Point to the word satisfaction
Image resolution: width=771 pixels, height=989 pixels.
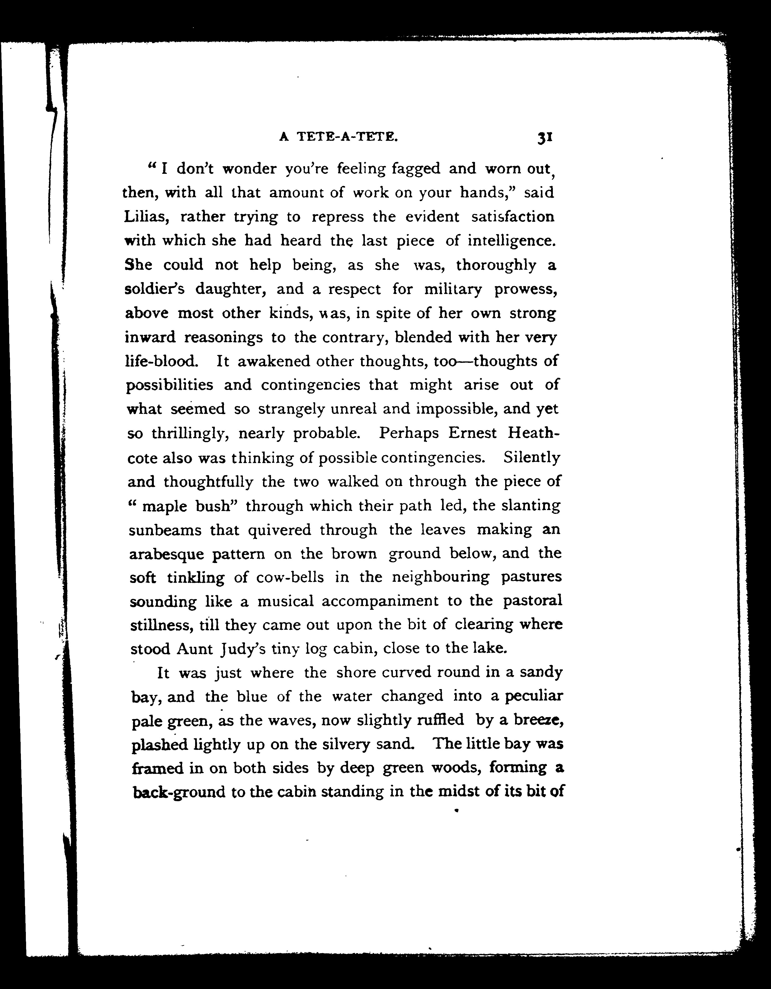(x=513, y=217)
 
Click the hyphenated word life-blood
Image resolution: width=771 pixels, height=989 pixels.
(x=161, y=361)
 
